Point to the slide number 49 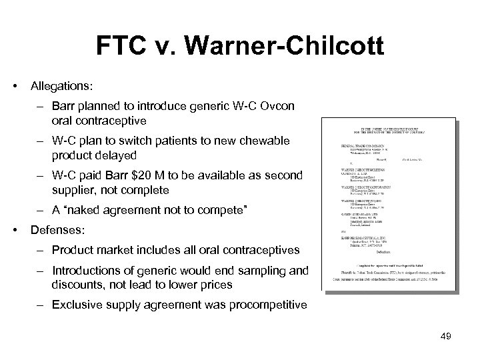click(445, 336)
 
